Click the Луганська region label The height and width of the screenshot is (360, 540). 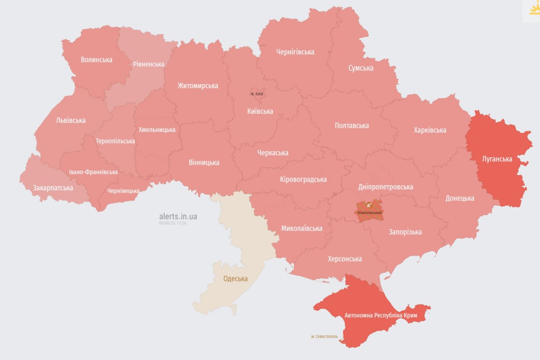[x=497, y=159]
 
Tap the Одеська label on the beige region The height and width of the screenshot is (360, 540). [x=235, y=279]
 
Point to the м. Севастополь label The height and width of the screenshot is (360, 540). [x=324, y=336]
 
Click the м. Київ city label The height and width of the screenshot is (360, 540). [x=256, y=93]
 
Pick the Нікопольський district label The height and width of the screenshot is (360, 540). [x=370, y=212]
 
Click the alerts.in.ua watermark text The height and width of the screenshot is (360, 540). [x=178, y=217]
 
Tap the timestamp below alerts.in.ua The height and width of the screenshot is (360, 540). [x=173, y=223]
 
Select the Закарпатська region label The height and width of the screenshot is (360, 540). [x=53, y=188]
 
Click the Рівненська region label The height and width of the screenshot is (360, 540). [x=148, y=64]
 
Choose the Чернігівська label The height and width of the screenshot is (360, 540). [x=295, y=52]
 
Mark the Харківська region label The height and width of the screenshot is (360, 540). [x=430, y=130]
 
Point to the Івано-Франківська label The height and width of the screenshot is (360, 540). [x=94, y=172]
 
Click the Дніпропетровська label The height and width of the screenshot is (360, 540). [x=386, y=187]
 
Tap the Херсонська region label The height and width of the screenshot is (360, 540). [x=345, y=259]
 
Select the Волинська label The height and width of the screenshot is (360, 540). [x=97, y=60]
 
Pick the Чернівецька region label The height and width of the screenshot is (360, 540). [x=123, y=191]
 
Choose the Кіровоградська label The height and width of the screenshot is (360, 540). [x=303, y=179]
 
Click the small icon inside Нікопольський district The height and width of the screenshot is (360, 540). [x=369, y=206]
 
